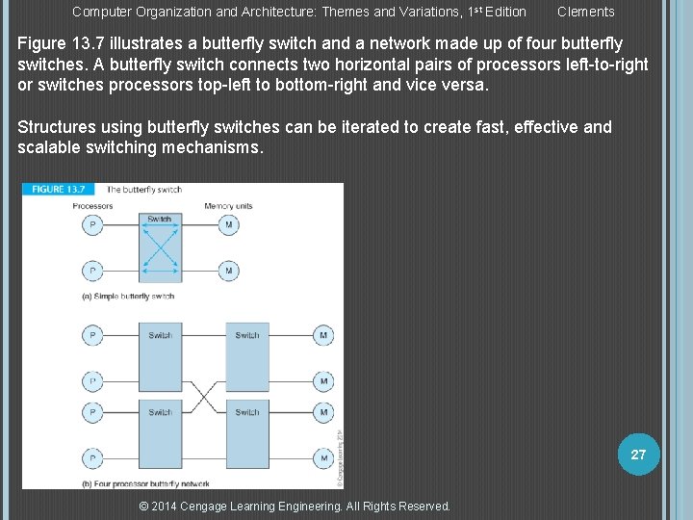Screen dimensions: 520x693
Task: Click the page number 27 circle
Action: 638,455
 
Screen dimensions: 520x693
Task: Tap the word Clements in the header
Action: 585,12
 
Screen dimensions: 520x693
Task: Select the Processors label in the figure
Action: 93,206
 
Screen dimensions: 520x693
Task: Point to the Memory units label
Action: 228,206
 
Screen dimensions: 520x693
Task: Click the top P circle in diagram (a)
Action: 92,225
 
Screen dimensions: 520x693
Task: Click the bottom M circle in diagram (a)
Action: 228,271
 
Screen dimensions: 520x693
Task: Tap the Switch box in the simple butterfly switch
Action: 160,247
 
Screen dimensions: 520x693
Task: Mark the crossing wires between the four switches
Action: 203,395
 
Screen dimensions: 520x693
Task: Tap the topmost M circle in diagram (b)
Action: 324,335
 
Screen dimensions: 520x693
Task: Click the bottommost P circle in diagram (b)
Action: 92,457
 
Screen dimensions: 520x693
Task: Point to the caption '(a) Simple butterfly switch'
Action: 128,296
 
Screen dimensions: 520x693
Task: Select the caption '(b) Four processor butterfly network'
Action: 146,482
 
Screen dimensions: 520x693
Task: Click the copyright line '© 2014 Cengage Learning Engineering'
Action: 295,507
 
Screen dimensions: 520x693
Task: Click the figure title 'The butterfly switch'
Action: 144,190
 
